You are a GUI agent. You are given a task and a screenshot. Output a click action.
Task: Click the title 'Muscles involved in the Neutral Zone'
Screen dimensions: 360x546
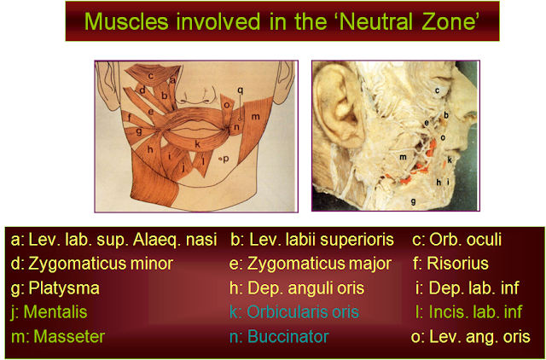point(272,20)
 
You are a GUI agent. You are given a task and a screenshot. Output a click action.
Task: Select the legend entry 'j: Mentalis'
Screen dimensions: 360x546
point(50,312)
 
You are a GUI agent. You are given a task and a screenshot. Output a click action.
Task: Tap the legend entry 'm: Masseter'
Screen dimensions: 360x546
point(58,337)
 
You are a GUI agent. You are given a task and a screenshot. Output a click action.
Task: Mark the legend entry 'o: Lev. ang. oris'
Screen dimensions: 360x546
point(470,337)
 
